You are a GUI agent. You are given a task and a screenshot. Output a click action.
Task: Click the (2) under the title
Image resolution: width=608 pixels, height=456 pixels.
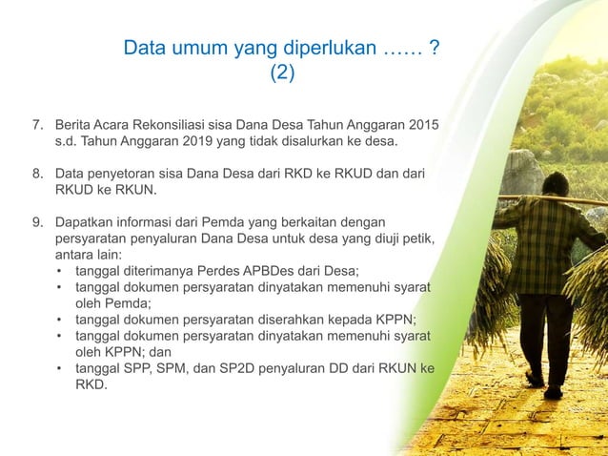pos(283,73)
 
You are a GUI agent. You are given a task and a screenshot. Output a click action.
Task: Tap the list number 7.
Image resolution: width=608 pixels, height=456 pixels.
pos(37,125)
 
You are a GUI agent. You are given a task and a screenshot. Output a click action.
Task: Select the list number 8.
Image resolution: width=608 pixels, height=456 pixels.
pos(37,175)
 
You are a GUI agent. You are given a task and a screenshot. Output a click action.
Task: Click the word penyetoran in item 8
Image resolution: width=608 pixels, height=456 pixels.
pos(122,175)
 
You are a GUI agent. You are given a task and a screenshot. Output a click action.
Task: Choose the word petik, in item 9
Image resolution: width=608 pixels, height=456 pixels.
pos(414,239)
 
